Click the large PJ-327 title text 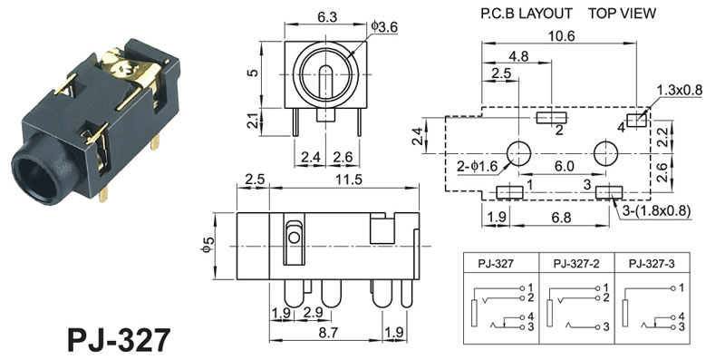120,340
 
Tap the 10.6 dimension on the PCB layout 562,35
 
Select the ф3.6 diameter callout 384,27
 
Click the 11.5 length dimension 349,180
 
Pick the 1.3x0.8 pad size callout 679,91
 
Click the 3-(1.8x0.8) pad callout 656,211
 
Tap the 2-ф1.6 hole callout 478,167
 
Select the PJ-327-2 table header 576,264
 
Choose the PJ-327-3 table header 652,264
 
